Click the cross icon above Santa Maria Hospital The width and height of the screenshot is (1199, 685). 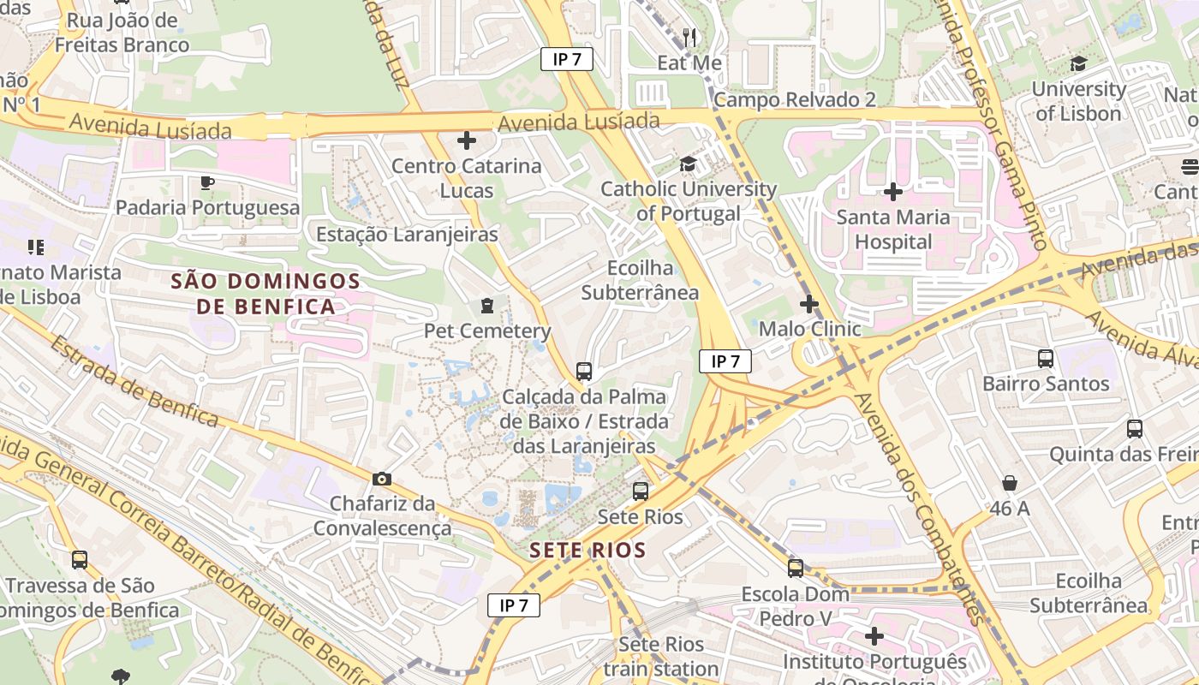(x=893, y=192)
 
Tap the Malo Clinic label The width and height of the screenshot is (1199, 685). (x=809, y=329)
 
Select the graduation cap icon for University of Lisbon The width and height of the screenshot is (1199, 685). (x=1078, y=64)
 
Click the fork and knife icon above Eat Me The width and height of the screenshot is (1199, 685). (x=689, y=37)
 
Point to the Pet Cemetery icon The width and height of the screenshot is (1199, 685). (x=487, y=306)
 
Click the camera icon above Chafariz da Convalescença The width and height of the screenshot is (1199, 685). (x=382, y=479)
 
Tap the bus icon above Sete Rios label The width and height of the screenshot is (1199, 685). (x=641, y=491)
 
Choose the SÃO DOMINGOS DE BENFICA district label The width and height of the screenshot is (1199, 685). (x=265, y=293)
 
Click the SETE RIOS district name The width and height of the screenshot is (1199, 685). (x=588, y=550)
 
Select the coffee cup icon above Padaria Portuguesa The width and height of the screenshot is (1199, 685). (x=207, y=182)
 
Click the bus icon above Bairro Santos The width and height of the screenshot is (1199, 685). (x=1046, y=359)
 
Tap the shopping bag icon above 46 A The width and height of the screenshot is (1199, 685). (x=1010, y=484)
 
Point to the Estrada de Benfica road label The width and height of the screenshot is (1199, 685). (x=134, y=380)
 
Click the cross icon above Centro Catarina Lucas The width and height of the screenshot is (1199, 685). (x=467, y=140)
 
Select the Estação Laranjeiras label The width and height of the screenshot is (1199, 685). (x=407, y=234)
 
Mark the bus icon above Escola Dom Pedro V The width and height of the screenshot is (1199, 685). (x=796, y=568)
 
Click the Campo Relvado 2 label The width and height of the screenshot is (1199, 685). (x=795, y=100)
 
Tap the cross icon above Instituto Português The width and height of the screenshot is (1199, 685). (x=874, y=636)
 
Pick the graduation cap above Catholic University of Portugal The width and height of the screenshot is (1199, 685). (x=688, y=164)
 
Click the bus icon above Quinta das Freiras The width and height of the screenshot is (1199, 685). (x=1135, y=429)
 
